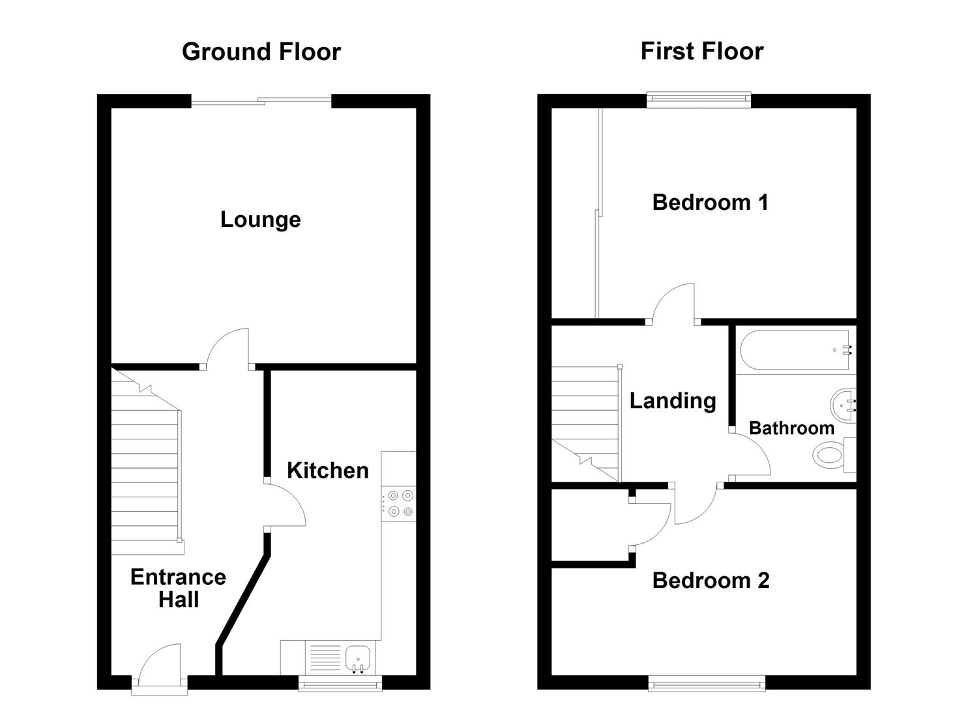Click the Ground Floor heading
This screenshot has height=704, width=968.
coord(261,51)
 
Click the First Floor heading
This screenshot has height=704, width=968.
coord(701,51)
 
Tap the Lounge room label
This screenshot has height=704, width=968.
coord(260,219)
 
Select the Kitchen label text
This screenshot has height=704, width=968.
coord(327,470)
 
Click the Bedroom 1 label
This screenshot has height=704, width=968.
coord(710,202)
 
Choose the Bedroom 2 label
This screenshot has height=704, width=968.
coord(711,580)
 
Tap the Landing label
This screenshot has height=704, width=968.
coord(673,400)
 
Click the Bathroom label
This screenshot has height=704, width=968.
coord(791,428)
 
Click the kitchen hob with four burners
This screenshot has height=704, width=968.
coord(398,504)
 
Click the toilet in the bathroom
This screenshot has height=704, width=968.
coord(831,454)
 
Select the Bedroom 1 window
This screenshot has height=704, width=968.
coord(699,100)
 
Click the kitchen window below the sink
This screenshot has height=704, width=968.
coord(340,682)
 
